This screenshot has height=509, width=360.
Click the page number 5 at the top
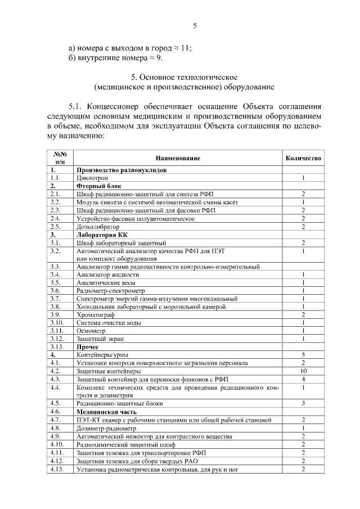tap(195, 25)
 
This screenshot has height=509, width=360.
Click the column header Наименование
tap(178, 158)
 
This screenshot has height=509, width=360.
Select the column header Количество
tap(303, 158)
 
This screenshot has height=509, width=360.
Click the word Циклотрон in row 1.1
tap(91, 177)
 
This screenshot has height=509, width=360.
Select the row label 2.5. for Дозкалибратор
tap(55, 226)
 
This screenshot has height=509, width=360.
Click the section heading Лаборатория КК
tap(102, 233)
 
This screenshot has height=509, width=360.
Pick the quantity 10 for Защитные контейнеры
tap(303, 371)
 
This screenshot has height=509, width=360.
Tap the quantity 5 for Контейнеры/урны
tap(303, 355)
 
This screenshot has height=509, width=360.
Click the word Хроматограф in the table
tap(95, 314)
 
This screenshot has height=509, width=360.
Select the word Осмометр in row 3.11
tap(92, 331)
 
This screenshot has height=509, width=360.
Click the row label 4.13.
tap(57, 469)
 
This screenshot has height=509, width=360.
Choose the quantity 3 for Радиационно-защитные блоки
tap(303, 403)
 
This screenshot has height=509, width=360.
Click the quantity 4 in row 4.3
tap(303, 380)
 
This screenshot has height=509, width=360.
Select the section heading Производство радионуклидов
tap(120, 169)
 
